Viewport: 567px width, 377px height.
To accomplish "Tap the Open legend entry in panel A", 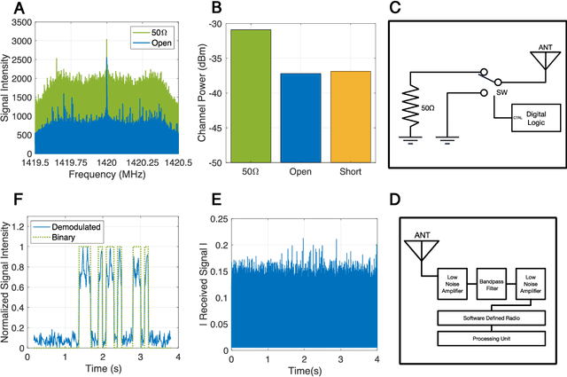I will (159, 43).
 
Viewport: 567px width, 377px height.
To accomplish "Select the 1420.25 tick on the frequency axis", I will (143, 164).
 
